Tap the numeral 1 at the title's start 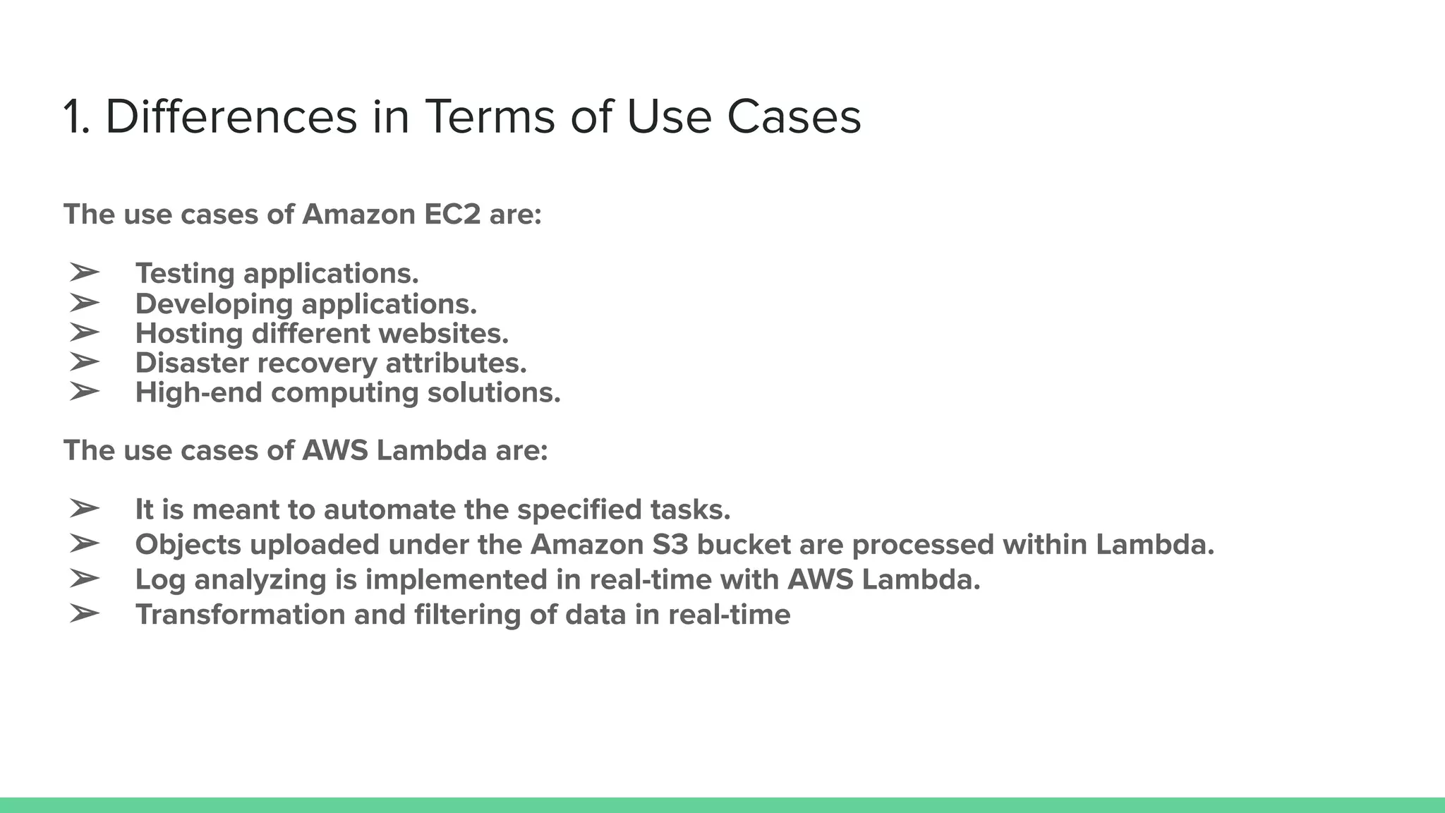coord(73,117)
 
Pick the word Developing coord(214,304)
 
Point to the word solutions coord(494,392)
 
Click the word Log coord(160,580)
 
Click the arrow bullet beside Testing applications coord(84,272)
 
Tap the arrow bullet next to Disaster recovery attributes coord(84,361)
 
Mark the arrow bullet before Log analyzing coord(84,578)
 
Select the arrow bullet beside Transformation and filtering coord(84,613)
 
